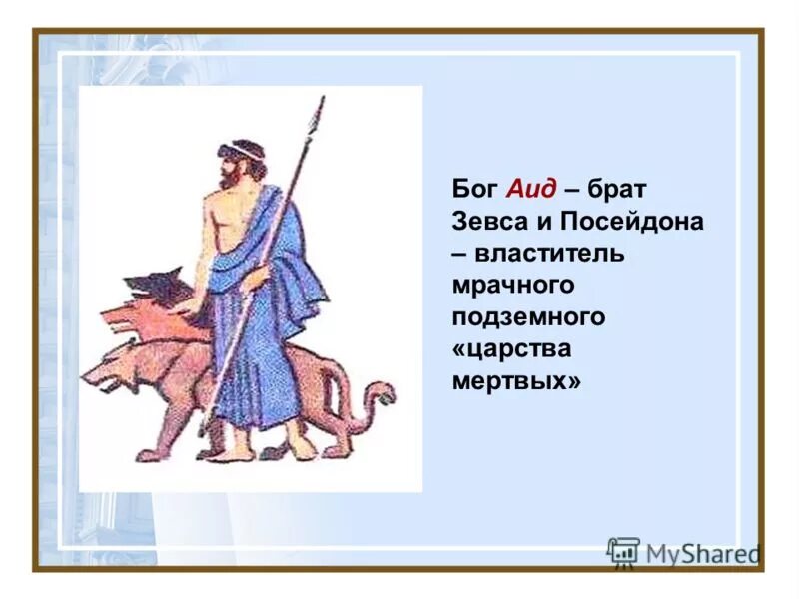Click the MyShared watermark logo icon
pos(623,552)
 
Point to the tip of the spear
pos(319,103)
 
